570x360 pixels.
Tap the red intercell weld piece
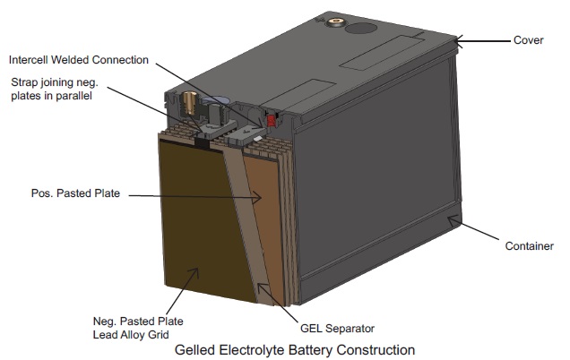tap(271, 118)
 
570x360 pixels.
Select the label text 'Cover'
tap(529, 40)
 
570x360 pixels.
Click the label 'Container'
tap(529, 245)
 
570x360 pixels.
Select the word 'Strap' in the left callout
tap(25, 81)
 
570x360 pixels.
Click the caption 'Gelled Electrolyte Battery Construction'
tap(295, 348)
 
